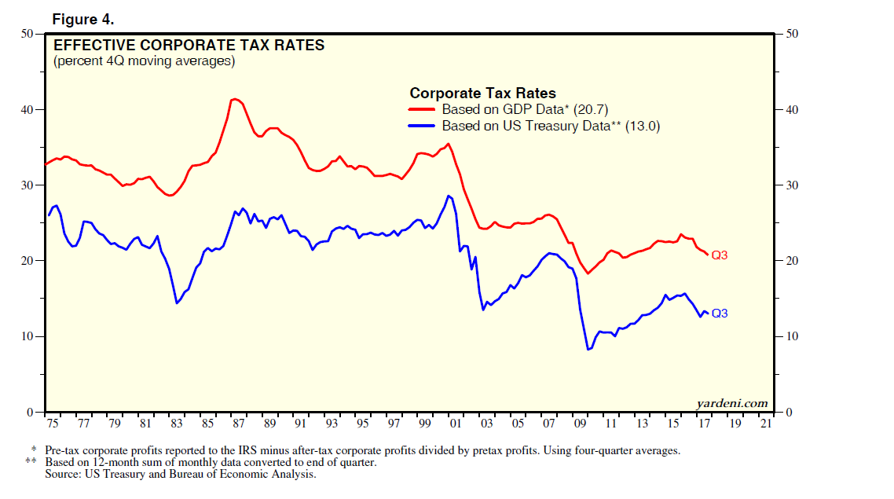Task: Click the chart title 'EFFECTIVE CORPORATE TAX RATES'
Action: point(189,46)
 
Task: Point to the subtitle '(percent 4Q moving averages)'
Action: point(144,61)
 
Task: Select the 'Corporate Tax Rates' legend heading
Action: point(483,94)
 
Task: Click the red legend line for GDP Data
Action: point(423,110)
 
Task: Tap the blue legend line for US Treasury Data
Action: point(423,125)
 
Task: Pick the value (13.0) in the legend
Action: point(643,125)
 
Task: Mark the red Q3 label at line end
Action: point(720,255)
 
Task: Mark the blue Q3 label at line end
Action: point(720,314)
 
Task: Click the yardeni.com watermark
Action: point(732,403)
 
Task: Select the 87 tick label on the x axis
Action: point(237,424)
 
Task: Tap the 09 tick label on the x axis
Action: point(581,424)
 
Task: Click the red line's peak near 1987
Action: point(234,99)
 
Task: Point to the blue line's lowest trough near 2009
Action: point(588,349)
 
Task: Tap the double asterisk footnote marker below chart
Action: point(31,462)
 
